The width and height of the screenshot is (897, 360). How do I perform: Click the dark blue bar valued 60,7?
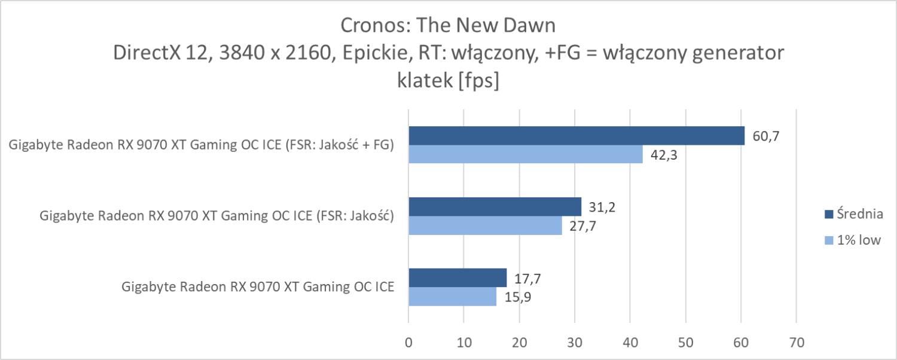pos(576,136)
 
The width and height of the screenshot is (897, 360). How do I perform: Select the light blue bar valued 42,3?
pos(525,154)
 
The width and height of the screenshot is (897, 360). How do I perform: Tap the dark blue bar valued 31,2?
pos(495,207)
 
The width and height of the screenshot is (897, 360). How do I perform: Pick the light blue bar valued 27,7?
pos(485,225)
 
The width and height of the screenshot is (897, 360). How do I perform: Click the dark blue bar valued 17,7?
pos(457,278)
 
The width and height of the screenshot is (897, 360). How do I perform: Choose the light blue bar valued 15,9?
pos(452,297)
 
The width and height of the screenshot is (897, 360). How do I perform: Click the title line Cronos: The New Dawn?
pos(448,26)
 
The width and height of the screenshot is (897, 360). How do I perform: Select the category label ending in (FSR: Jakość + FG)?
pos(202,145)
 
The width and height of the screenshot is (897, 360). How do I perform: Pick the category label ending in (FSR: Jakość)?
pos(216,216)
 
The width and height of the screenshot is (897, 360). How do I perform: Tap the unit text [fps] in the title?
pos(478,81)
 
